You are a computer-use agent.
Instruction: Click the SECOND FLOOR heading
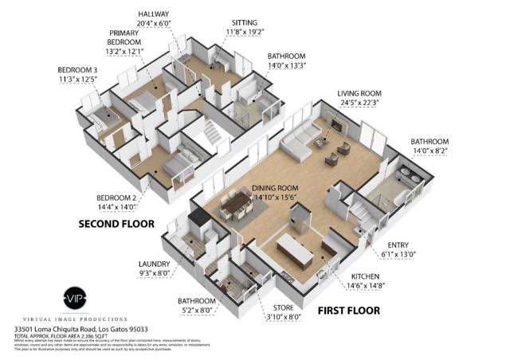coord(116,224)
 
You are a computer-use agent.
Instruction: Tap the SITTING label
coord(244,22)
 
